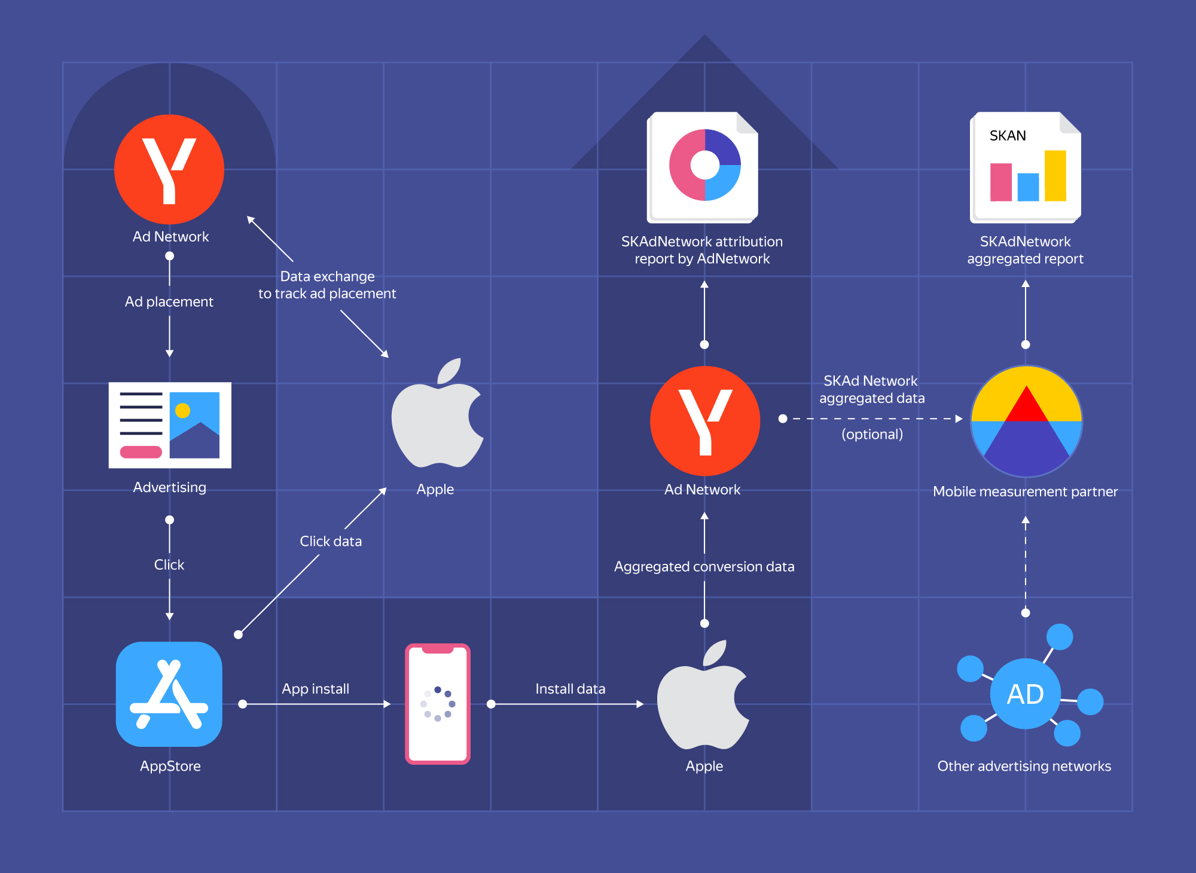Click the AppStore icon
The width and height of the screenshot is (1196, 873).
coord(169,694)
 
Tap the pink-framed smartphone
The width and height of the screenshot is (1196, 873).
coord(438,704)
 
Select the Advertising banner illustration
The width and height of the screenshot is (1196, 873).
coord(170,425)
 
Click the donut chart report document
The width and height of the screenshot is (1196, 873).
coord(703,167)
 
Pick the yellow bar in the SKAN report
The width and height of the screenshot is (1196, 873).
coord(1055,175)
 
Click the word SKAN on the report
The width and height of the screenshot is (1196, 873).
coord(1008,136)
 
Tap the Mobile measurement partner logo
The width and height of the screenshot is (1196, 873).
coord(1026,421)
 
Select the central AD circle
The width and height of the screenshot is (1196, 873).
coord(1025,694)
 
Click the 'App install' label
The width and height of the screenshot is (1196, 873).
coord(316,689)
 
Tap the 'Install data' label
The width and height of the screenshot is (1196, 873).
coord(570,689)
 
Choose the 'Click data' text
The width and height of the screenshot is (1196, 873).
coord(331,541)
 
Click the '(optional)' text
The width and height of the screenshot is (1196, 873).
coord(872,434)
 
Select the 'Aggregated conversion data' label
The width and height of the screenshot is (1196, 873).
coord(704,566)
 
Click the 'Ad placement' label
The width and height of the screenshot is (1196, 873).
coord(169,301)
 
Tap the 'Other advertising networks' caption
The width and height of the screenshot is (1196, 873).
coord(1024,766)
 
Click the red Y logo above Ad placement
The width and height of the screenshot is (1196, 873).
coord(169,169)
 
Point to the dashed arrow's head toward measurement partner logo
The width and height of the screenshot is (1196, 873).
coord(959,419)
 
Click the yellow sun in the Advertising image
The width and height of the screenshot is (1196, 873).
coord(183,410)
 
